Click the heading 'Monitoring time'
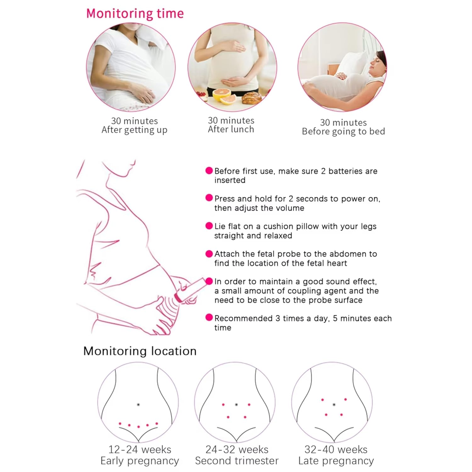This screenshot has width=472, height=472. click(135, 14)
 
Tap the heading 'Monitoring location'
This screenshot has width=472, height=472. click(140, 351)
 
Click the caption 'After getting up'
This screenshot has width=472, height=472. click(134, 130)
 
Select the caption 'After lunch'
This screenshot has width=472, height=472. click(231, 129)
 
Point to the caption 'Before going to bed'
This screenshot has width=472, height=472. click(343, 131)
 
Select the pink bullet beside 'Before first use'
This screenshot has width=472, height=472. click(209, 171)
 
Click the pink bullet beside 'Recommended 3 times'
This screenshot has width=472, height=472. click(209, 317)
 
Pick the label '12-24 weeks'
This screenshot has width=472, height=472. click(140, 449)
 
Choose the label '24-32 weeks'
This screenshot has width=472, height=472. click(237, 449)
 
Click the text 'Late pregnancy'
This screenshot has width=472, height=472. click(336, 461)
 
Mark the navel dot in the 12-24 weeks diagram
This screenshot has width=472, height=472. click(138, 404)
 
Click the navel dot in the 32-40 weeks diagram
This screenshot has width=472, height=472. click(334, 404)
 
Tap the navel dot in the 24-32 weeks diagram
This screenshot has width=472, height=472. click(236, 404)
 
